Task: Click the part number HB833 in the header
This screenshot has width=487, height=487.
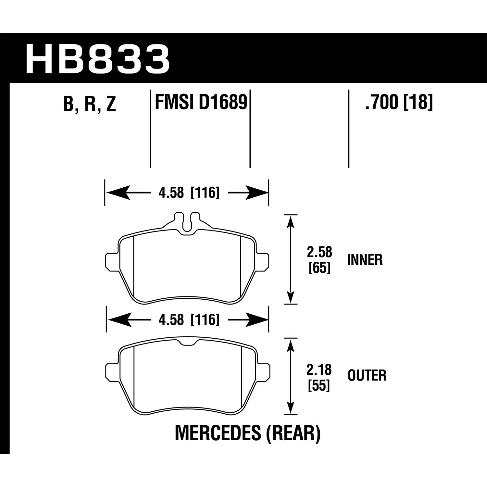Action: click(97, 59)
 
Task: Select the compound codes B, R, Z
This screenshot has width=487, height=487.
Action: click(90, 104)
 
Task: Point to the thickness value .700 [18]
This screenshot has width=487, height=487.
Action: click(399, 102)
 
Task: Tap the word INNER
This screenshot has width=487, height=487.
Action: click(365, 260)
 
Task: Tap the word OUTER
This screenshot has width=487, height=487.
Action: click(367, 376)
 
